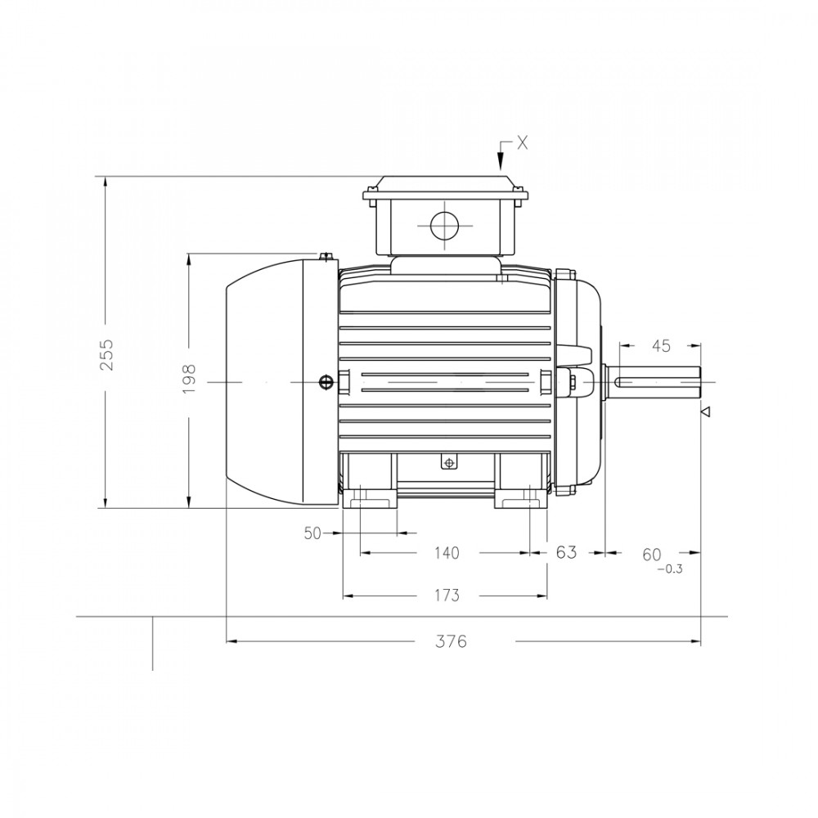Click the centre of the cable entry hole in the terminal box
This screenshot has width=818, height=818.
point(444,226)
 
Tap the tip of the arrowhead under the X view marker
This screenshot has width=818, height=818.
point(501,170)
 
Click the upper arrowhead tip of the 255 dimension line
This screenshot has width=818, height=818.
point(106,177)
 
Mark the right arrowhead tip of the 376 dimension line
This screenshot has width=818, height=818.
point(701,640)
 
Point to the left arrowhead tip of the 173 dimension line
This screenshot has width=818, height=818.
point(343,596)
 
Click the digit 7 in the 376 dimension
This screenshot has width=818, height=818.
point(451,641)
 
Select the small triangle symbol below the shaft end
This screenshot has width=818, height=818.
point(706,412)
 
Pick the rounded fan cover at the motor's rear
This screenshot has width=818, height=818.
point(281,382)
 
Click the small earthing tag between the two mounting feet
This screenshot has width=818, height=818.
point(448,462)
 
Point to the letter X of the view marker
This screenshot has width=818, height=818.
point(522,142)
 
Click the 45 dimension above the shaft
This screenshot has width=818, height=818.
point(661,345)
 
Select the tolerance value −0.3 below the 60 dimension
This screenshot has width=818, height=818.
point(670,569)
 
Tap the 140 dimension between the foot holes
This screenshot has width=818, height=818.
point(447,552)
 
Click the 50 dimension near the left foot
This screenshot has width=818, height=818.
point(312,533)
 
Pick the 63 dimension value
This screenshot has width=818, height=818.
point(567,552)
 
